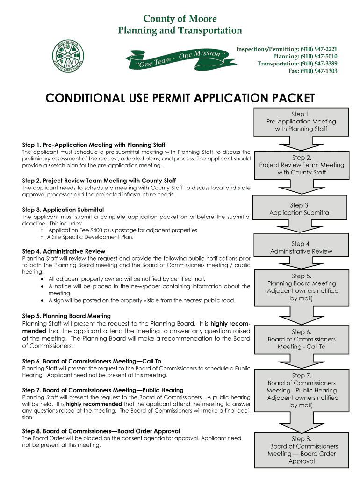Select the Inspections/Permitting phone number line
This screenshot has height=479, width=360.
coord(287,49)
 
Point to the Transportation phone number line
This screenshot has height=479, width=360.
coord(297,64)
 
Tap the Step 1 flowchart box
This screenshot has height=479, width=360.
coord(301,121)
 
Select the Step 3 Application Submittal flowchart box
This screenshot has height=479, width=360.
coord(300,209)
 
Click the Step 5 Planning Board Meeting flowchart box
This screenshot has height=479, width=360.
coord(301,287)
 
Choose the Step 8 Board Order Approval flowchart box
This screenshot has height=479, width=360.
coord(302,450)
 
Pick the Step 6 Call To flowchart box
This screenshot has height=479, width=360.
coord(301,339)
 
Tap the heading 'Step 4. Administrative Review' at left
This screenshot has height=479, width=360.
coord(64,251)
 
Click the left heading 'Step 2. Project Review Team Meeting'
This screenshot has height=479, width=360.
coord(99,181)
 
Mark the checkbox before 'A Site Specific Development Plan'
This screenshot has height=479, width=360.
coord(42,237)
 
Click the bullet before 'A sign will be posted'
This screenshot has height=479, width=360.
coord(43,300)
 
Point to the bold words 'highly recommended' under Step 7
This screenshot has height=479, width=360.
coord(94,404)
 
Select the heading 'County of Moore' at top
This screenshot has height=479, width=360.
coord(180,19)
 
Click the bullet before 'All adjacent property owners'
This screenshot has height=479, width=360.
coord(43,279)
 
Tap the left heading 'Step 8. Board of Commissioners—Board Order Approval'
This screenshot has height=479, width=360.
coord(101,431)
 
